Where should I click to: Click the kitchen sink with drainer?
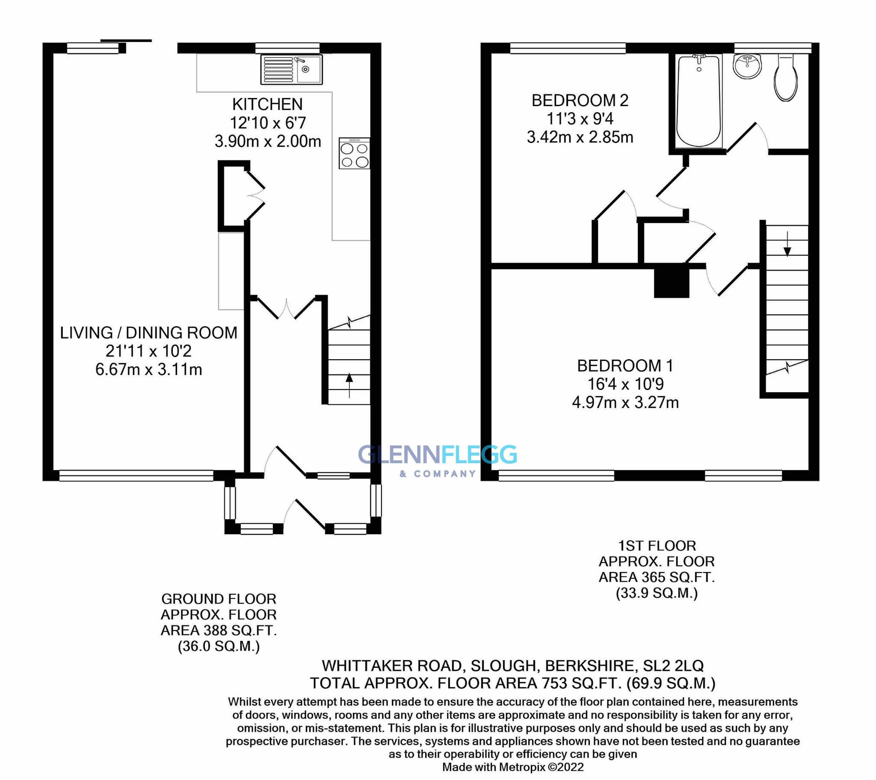[x=291, y=69]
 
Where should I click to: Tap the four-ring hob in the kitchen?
[x=354, y=153]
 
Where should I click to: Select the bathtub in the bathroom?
[x=698, y=101]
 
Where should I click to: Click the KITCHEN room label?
[x=267, y=104]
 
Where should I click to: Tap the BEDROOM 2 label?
[x=579, y=101]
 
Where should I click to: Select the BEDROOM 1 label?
[x=625, y=366]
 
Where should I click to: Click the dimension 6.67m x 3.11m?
[x=149, y=370]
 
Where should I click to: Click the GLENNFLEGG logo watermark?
[x=437, y=455]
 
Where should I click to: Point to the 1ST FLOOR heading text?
[x=656, y=546]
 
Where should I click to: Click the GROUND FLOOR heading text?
[x=219, y=599]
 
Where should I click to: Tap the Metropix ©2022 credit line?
[x=513, y=767]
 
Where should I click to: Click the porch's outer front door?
[x=309, y=514]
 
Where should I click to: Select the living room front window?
[x=136, y=476]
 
